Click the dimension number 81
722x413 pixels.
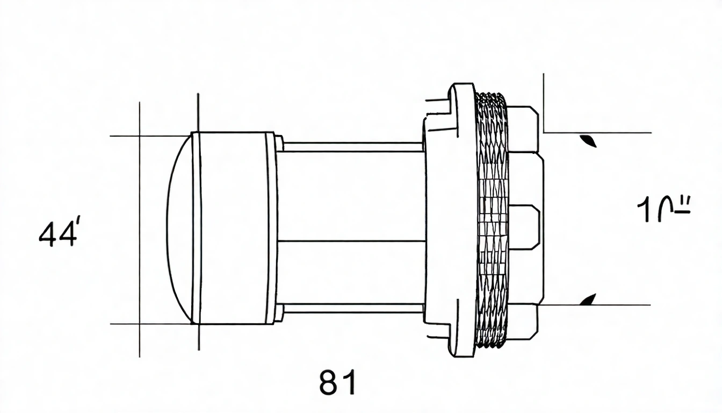(x=337, y=383)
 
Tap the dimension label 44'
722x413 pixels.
(x=59, y=234)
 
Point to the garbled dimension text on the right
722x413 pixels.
(x=663, y=210)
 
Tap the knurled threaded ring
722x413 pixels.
(x=492, y=220)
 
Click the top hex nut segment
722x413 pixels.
(x=523, y=129)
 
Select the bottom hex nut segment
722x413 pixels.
(x=523, y=322)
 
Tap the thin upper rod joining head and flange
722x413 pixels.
(x=352, y=147)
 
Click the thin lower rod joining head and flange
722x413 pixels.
(x=352, y=308)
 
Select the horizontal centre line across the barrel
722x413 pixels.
(x=352, y=241)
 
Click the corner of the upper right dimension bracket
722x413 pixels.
(x=544, y=132)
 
